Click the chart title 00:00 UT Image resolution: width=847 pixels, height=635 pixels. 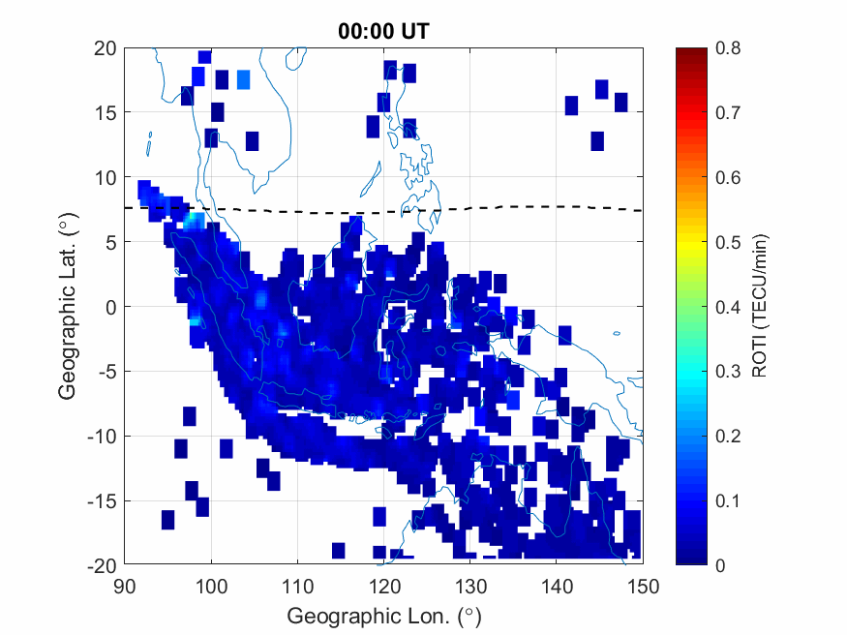click(x=383, y=31)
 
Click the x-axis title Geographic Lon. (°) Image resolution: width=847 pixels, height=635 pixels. click(x=383, y=616)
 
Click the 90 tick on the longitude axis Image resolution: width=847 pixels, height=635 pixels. click(x=124, y=586)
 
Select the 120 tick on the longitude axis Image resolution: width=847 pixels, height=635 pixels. click(x=383, y=586)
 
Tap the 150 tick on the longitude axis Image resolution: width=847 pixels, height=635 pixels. click(x=643, y=586)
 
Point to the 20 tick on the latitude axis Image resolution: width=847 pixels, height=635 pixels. click(x=106, y=48)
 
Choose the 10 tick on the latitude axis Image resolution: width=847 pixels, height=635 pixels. click(x=106, y=178)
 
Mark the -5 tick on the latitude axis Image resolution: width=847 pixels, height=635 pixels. click(x=106, y=372)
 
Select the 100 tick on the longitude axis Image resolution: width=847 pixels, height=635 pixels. click(x=210, y=586)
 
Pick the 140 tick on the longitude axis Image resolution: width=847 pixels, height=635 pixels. click(x=557, y=586)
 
